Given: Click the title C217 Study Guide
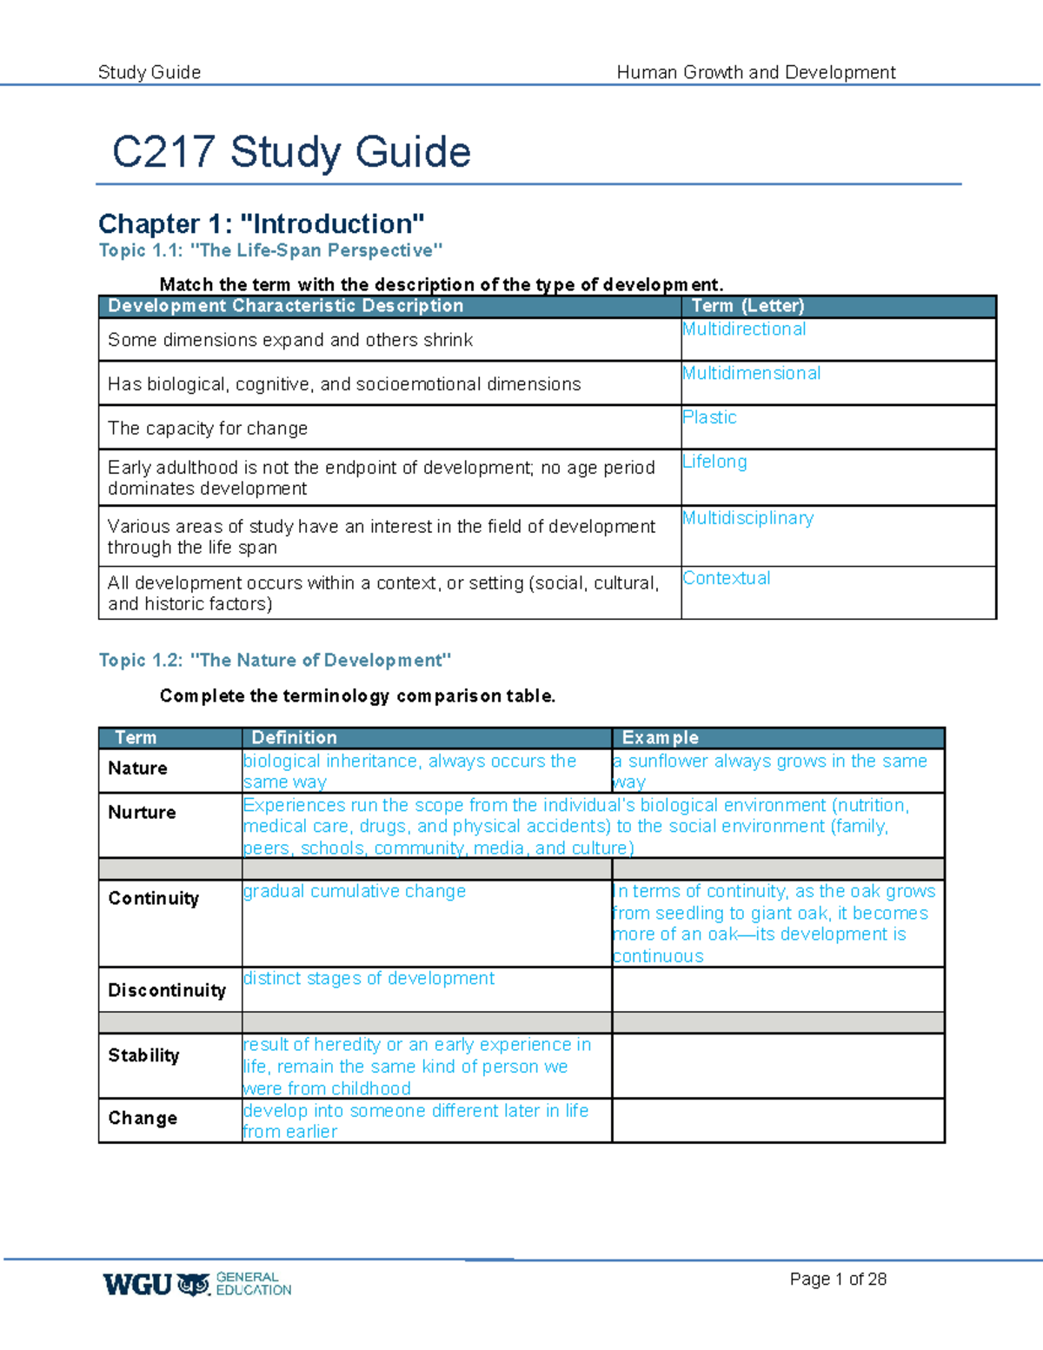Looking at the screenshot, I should click(291, 152).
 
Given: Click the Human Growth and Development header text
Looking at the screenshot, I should click(755, 72).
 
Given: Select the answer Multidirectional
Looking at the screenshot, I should click(744, 329).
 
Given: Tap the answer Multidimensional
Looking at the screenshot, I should click(751, 374).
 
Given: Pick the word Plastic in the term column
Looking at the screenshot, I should click(709, 417).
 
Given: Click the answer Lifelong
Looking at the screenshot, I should click(714, 462).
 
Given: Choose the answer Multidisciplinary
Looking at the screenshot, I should click(747, 518).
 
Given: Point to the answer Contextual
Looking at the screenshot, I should click(727, 578).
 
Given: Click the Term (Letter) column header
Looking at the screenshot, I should click(747, 306).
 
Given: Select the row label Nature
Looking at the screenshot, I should click(137, 768).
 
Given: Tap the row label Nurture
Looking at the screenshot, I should click(142, 813).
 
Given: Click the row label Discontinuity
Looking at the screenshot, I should click(167, 991).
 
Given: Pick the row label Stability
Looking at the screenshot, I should click(143, 1055).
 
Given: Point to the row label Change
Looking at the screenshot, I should click(143, 1119).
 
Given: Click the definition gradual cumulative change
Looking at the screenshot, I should click(354, 892).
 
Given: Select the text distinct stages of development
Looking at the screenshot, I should click(369, 979).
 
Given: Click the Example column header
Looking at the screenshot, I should click(660, 738).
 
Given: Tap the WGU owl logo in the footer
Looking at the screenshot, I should click(194, 1285).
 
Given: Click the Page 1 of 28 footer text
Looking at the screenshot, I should click(837, 1279).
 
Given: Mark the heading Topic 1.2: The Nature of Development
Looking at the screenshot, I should click(275, 661).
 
